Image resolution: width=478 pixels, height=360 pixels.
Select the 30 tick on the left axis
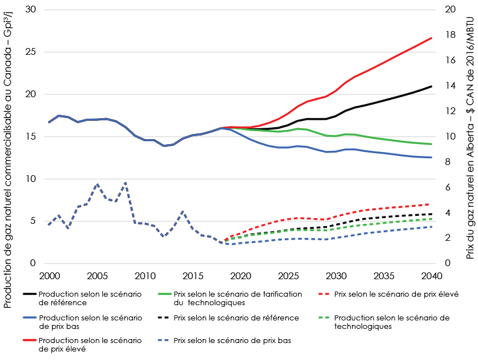[x=33, y=10]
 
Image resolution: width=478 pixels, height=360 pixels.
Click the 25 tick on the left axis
[x=33, y=52]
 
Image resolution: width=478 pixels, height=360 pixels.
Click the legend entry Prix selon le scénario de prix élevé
[x=396, y=294]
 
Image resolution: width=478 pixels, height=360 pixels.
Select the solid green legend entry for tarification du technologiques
[x=238, y=298]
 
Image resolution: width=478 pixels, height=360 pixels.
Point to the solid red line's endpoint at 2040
[x=432, y=38]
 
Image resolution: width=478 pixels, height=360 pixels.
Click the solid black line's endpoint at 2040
[x=432, y=86]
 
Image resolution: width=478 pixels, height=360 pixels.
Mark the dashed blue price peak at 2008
[x=125, y=183]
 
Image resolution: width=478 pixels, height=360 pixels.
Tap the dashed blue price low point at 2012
[x=164, y=236]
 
